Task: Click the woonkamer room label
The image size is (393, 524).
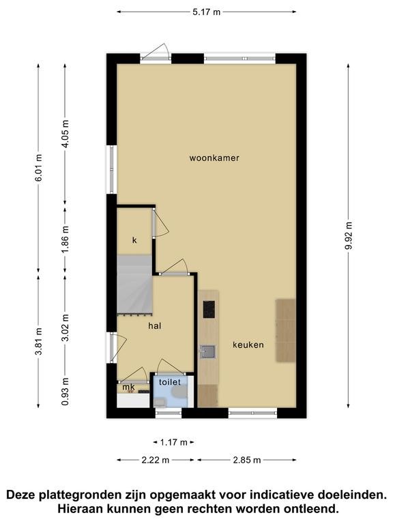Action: coord(214,158)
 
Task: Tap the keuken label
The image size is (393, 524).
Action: coord(248,345)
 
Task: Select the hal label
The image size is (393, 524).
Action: coord(155,325)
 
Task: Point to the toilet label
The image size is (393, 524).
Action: coord(170,382)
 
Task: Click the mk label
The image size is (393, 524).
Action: coord(129,387)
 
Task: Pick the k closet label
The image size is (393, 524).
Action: coord(134,240)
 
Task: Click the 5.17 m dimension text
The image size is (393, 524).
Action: coord(207,12)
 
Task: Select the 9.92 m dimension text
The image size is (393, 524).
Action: coord(349,235)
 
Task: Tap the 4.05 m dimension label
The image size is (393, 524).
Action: coord(65,134)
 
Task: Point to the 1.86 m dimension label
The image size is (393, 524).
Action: coord(65,239)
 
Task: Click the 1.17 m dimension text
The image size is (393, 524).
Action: coord(174,442)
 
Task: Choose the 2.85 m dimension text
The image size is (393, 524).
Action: coord(246,460)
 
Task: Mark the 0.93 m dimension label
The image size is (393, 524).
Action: coord(65,392)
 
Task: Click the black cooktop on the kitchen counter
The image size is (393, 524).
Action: coord(209,309)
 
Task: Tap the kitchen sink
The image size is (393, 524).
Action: coord(208,351)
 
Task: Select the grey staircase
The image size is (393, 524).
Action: coord(134,284)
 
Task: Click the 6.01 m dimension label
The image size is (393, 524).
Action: coord(39,167)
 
